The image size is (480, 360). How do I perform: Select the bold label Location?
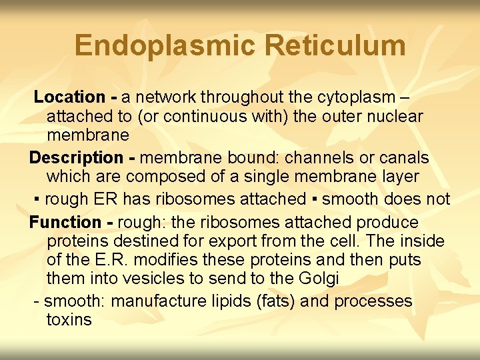(x=69, y=97)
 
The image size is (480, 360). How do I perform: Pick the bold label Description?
(x=76, y=158)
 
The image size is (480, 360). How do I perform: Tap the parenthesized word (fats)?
(x=276, y=301)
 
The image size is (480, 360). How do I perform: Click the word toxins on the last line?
(x=69, y=320)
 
